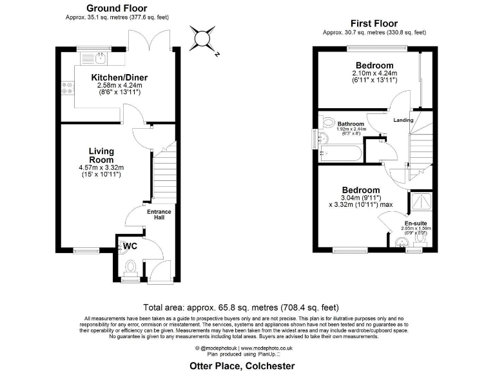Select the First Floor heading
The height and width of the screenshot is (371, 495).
(x=374, y=24)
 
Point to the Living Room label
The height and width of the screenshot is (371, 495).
(x=101, y=155)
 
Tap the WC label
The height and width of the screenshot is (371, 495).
(x=130, y=246)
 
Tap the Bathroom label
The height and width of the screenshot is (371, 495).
(x=351, y=124)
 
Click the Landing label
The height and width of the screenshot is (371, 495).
(x=403, y=120)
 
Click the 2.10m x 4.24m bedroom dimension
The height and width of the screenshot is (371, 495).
(x=374, y=74)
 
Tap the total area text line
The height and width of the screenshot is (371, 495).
(x=240, y=307)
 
